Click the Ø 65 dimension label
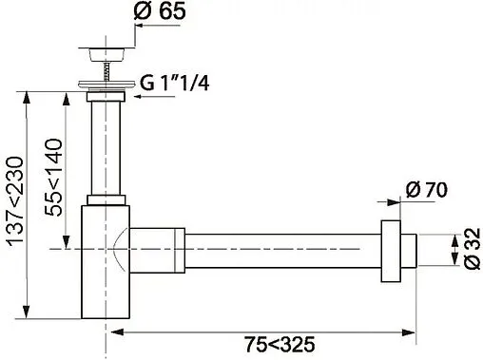point(160,10)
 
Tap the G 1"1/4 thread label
point(175,84)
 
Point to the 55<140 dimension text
point(53,178)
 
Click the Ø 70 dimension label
point(427,190)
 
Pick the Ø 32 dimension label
point(473,249)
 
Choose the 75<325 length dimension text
point(280,344)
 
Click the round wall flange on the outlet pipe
point(391,251)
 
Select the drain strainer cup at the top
point(106,54)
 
